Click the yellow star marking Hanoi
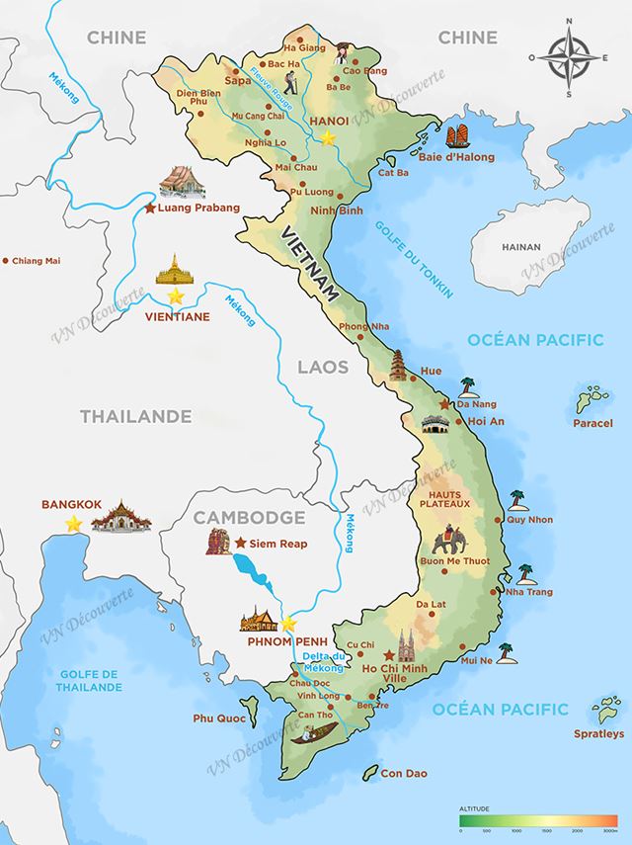pyautogui.click(x=328, y=137)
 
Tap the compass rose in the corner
pyautogui.click(x=570, y=57)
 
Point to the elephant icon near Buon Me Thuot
pyautogui.click(x=451, y=545)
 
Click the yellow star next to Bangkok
pyautogui.click(x=73, y=524)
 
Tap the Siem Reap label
pyautogui.click(x=279, y=544)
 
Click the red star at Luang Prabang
pyautogui.click(x=150, y=209)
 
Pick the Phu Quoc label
pyautogui.click(x=217, y=718)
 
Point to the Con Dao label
pyautogui.click(x=404, y=773)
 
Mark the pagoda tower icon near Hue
pyautogui.click(x=399, y=365)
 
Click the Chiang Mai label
pyautogui.click(x=38, y=261)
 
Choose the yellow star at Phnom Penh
pyautogui.click(x=288, y=624)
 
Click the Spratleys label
pyautogui.click(x=599, y=733)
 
